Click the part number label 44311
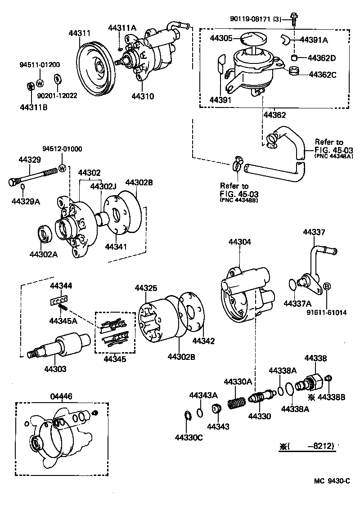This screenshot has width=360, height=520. [x=80, y=33]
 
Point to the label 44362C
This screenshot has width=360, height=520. [x=322, y=75]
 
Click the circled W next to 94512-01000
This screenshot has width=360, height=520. [x=63, y=168]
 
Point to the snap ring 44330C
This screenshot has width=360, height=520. [x=189, y=418]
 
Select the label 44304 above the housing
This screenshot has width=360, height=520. [x=239, y=242]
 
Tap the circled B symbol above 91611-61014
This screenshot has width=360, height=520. [x=327, y=286]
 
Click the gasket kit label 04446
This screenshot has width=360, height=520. [x=61, y=396]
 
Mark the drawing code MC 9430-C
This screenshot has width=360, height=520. [x=332, y=481]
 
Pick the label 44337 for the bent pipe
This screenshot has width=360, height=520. [x=314, y=232]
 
